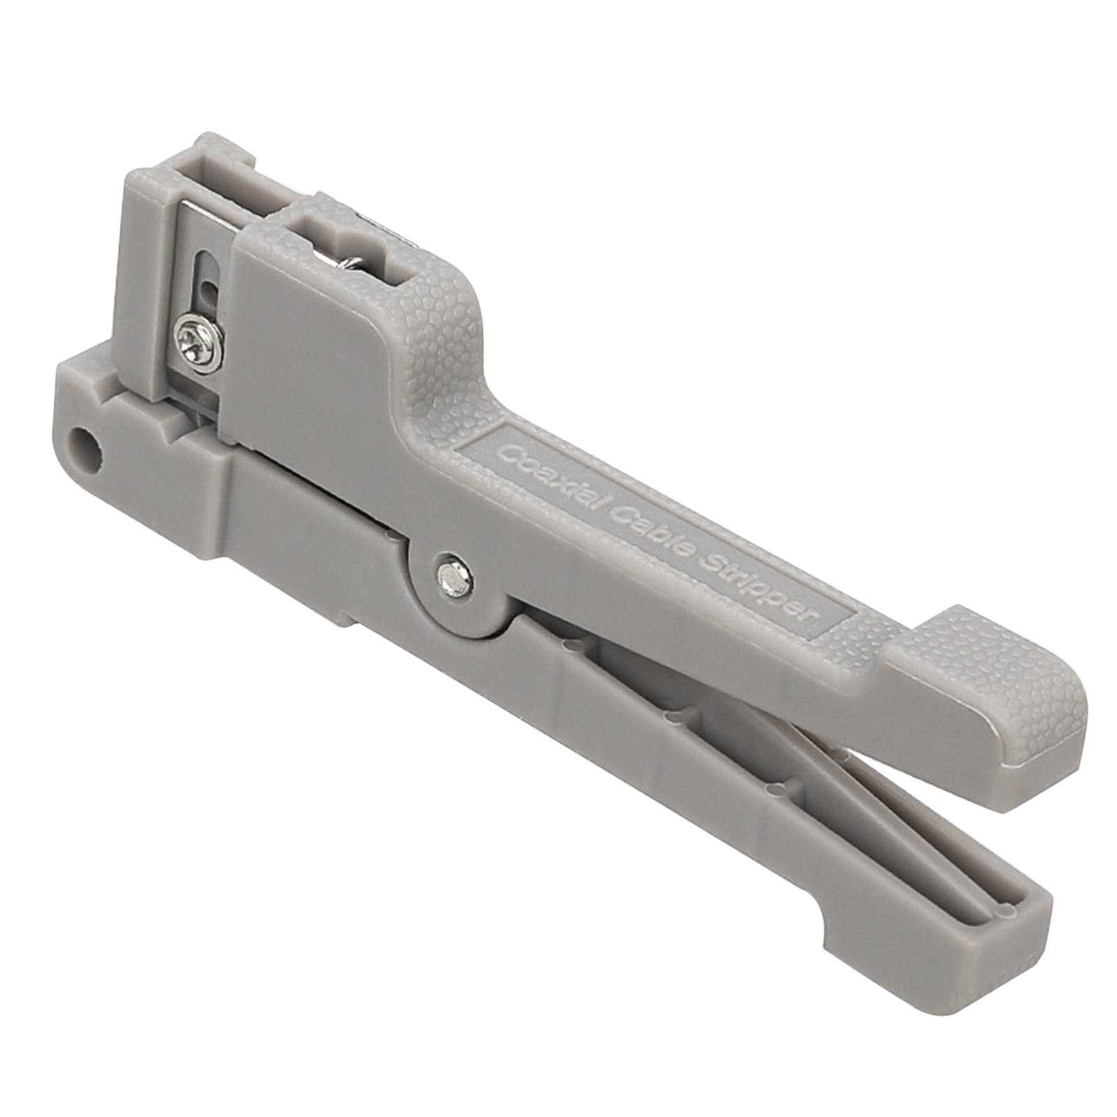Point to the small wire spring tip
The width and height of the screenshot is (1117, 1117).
click(x=346, y=262)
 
